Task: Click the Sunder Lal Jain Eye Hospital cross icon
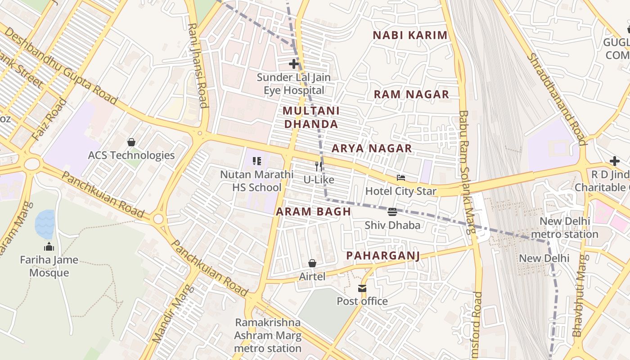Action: coord(294,64)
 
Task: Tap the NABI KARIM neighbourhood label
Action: coord(410,35)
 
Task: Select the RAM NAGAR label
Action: coord(411,94)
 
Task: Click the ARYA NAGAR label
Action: coord(372,148)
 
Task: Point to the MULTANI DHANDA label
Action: coord(311,117)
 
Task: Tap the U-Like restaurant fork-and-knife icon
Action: coord(319,166)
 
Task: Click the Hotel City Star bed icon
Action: coord(400,178)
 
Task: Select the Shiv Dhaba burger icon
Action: coord(392,211)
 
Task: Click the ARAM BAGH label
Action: coord(313,211)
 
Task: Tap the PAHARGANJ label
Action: coord(383,256)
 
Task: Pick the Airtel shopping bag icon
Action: coord(312,263)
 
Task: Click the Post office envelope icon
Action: coord(362,288)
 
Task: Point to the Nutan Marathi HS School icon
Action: coord(257,161)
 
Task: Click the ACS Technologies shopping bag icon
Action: coord(131,142)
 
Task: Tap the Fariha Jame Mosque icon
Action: coord(49,247)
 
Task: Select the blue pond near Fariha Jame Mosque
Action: coord(45,224)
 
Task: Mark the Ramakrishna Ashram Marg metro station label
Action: coord(268,335)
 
